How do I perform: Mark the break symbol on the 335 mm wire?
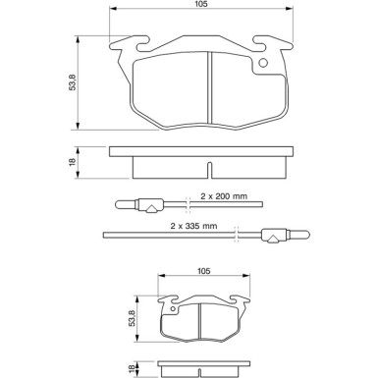239,234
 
